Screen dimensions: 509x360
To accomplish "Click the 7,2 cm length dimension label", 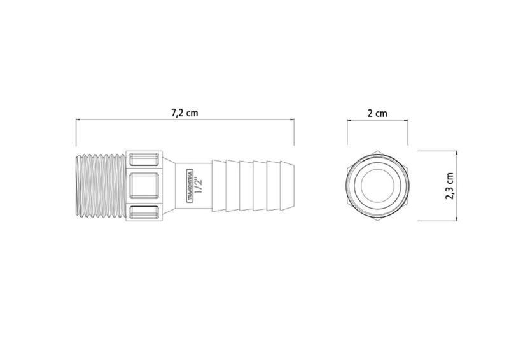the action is tap(185, 113).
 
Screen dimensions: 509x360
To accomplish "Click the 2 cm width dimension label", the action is tap(377, 113).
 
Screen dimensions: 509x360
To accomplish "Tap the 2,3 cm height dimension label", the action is tap(450, 186).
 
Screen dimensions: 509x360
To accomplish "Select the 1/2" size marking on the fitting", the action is tap(199, 186).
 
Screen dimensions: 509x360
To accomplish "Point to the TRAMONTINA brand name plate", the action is tap(190, 186).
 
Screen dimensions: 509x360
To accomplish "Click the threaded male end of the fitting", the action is tap(101, 186).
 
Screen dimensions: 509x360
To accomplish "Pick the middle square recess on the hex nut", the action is tap(144, 186).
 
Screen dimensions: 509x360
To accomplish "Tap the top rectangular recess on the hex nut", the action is tap(144, 160).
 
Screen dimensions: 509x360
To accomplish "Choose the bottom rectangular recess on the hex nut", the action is tap(144, 212).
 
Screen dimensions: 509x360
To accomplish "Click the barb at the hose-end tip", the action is tap(288, 186).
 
